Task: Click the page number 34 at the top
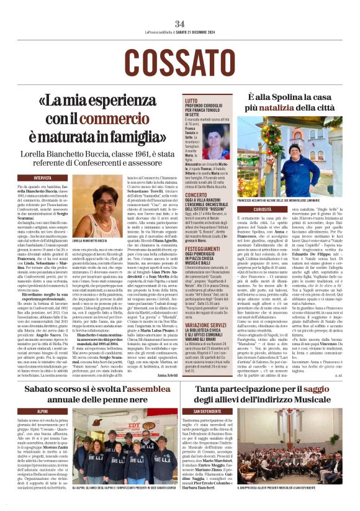click(179, 24)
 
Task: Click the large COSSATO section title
click(180, 61)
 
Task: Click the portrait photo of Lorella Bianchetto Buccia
click(105, 208)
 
